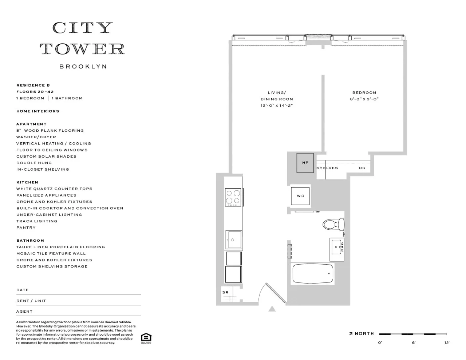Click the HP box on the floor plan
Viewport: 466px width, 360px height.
click(305, 162)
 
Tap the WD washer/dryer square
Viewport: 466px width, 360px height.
click(300, 196)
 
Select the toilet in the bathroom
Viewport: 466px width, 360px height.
click(333, 224)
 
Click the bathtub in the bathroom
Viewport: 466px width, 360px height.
click(313, 274)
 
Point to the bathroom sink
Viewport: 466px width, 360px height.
click(337, 249)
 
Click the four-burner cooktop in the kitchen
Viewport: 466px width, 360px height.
click(233, 197)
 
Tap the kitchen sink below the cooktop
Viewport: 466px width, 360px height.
click(233, 240)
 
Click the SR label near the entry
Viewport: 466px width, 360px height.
click(225, 292)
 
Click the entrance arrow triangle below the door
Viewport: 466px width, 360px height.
click(272, 309)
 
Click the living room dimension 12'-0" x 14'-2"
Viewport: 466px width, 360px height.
click(277, 106)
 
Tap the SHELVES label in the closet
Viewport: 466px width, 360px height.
click(327, 168)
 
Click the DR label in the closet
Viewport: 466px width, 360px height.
click(362, 168)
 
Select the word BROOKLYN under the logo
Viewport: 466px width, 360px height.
click(83, 67)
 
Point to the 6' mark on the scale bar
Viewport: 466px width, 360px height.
click(414, 343)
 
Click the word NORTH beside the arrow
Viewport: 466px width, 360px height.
click(364, 334)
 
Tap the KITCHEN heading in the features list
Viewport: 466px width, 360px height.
click(27, 182)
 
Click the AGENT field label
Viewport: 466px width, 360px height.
click(24, 312)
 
